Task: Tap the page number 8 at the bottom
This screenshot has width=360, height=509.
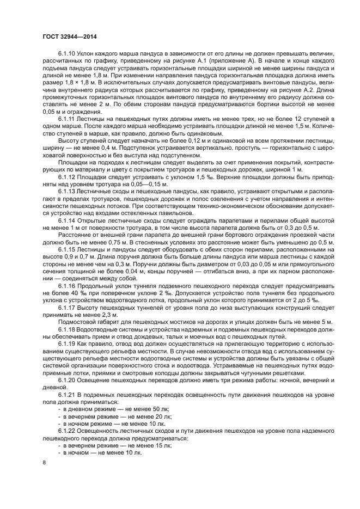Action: click(45, 463)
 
